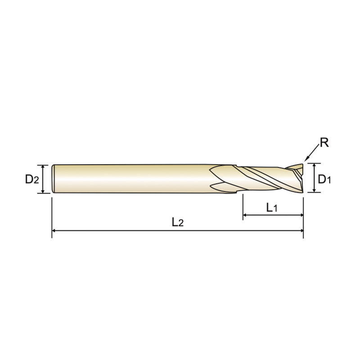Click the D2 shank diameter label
pos(32,179)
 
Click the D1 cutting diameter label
pos(324,179)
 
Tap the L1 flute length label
pos(272,207)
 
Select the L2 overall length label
pos(178,222)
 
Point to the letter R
pos(324,144)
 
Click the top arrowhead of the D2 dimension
pos(44,166)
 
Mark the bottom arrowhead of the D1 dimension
pos(314,190)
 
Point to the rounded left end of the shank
pos(54,179)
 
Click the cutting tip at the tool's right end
pos(300,178)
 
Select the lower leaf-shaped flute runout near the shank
pos(223,186)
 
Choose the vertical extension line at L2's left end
pos(52,216)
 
